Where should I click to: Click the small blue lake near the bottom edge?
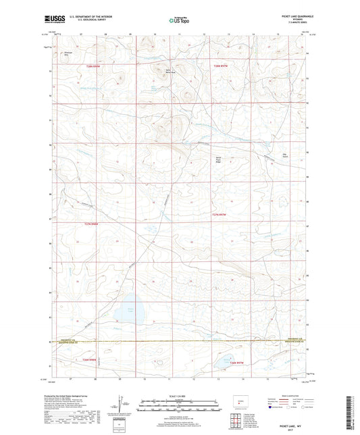coord(224,363)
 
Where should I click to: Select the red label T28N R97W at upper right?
coord(222,66)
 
